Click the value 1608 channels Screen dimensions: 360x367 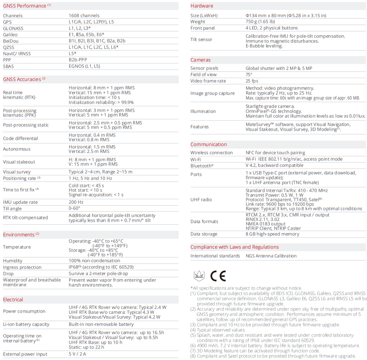click(84, 16)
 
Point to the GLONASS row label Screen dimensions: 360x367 click(13, 28)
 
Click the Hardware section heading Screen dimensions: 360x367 click(202, 6)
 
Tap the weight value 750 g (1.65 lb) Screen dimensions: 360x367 click(260, 22)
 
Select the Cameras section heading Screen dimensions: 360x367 click(200, 60)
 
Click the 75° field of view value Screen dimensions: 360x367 click(249, 74)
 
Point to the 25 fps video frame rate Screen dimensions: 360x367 click(252, 81)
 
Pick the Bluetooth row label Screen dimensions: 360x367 click(202, 166)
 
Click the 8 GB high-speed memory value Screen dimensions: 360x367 click(272, 234)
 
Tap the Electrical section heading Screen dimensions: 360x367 click(13, 300)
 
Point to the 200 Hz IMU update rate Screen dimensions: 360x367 click(76, 202)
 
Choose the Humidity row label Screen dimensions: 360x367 click(13, 261)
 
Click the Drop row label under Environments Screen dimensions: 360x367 click(8, 273)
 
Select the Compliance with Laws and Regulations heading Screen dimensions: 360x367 click(234, 247)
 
